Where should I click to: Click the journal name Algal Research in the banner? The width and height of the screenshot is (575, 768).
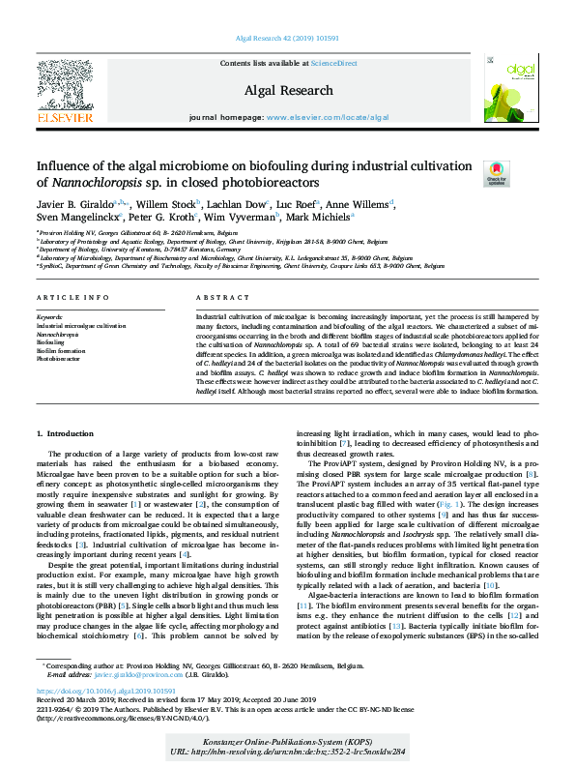287,90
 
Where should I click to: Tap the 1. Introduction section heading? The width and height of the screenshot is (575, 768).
66,434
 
